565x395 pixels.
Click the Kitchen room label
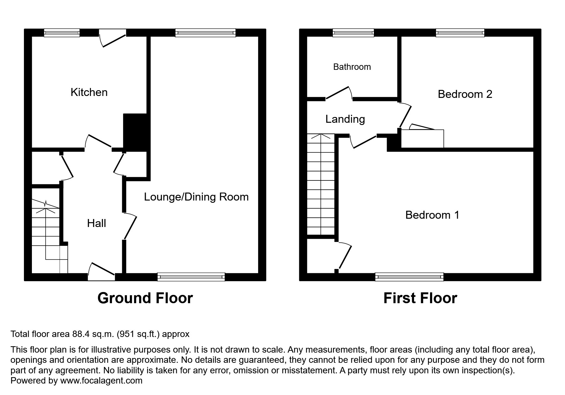(x=89, y=92)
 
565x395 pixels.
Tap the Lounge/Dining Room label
(x=196, y=197)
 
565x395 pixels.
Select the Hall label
(x=96, y=223)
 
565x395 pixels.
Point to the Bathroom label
(x=352, y=67)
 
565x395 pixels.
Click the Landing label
(x=345, y=119)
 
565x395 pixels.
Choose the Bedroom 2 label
(x=465, y=94)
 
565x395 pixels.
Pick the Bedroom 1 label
(x=432, y=215)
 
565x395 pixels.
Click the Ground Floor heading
(x=145, y=298)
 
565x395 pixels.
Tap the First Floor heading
(x=420, y=298)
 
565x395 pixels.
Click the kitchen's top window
(x=62, y=33)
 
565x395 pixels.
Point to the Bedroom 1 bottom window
(x=409, y=277)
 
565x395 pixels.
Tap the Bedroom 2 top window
(x=460, y=33)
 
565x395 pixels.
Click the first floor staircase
(x=320, y=185)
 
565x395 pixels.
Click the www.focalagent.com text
(x=101, y=381)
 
